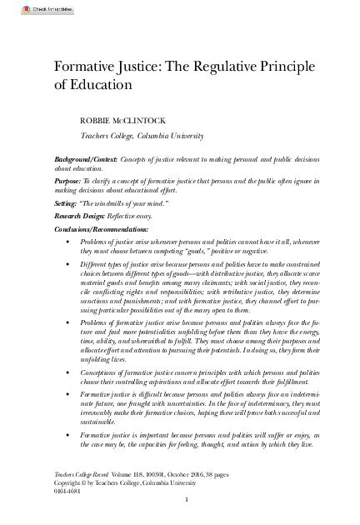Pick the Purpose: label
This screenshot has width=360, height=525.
[x=72, y=179]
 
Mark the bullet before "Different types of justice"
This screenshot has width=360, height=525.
[x=67, y=262]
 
